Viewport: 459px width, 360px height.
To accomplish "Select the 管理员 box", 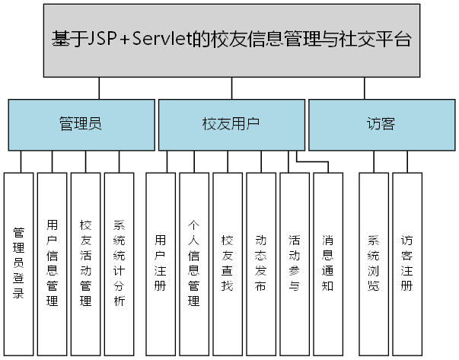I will click(81, 124).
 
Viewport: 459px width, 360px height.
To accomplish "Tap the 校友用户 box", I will click(231, 124).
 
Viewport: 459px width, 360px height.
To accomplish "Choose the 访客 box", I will click(380, 124).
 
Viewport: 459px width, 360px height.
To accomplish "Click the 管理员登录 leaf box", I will click(19, 263).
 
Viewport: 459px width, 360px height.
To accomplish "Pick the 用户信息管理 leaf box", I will click(52, 263).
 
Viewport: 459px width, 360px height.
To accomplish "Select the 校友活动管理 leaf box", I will click(85, 263).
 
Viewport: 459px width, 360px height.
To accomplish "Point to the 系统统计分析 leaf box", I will click(119, 263).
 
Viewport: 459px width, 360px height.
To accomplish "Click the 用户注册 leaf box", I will click(160, 263).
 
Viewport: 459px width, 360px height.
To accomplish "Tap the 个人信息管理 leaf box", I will click(193, 263).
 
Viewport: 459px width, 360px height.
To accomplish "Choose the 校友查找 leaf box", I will click(227, 263).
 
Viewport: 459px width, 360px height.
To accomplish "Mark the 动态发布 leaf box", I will click(260, 263).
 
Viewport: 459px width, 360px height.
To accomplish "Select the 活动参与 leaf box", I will click(294, 263).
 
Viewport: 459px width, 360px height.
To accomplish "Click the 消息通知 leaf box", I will click(327, 263).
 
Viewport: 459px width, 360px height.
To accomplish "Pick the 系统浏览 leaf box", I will click(372, 263).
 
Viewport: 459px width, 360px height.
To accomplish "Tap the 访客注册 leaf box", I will click(406, 263).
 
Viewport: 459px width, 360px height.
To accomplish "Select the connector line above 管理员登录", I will click(20, 161).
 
